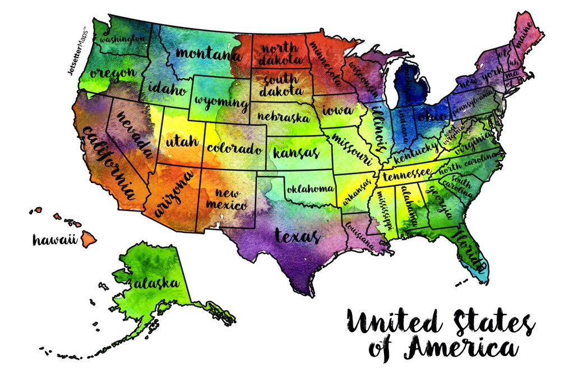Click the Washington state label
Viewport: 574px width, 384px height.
(x=119, y=39)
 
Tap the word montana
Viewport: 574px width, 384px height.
(x=208, y=55)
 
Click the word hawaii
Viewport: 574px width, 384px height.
(x=54, y=240)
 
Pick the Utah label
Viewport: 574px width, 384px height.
(x=182, y=142)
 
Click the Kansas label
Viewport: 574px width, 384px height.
(x=295, y=152)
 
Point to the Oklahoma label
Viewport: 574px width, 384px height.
(x=311, y=189)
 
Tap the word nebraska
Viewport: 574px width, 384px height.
(x=284, y=118)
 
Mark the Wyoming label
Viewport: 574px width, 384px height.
(x=221, y=103)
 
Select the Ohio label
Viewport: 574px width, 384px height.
(x=431, y=116)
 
